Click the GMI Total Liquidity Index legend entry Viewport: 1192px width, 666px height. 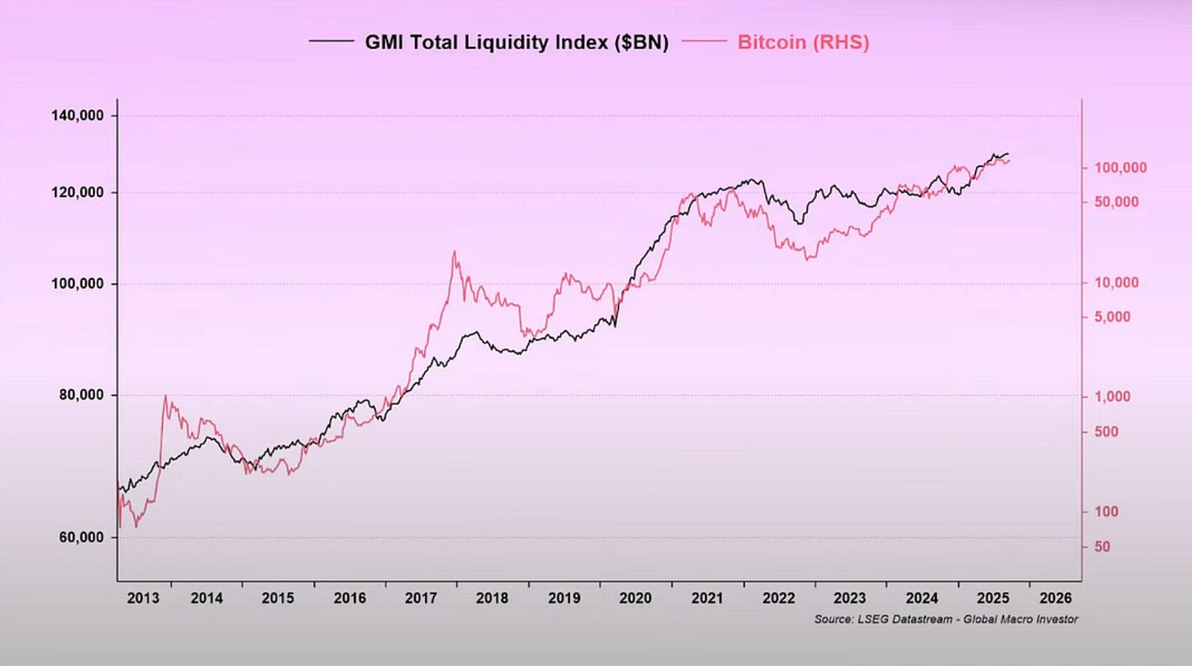517,43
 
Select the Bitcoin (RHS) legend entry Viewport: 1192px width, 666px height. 802,43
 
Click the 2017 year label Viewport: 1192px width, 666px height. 422,598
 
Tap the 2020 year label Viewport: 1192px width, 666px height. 636,598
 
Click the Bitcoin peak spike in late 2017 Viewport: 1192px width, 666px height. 454,252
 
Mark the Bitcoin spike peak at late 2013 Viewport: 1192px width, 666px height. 165,396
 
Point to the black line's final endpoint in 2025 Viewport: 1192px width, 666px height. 1009,154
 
